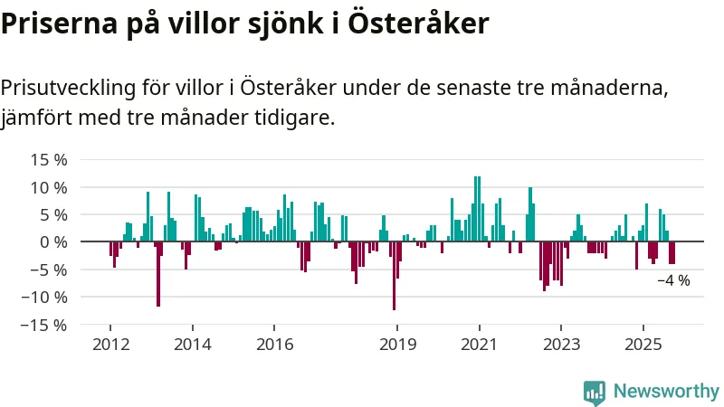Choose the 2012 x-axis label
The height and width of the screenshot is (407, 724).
(110, 344)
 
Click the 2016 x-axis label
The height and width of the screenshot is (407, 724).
(274, 344)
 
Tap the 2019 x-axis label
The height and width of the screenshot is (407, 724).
(396, 344)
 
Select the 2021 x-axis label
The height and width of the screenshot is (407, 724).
(479, 344)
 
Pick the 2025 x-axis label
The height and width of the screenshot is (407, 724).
(643, 344)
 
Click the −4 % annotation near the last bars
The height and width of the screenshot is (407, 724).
(673, 280)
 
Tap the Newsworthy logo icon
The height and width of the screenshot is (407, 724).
(595, 392)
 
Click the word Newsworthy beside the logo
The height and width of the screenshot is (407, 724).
(666, 392)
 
